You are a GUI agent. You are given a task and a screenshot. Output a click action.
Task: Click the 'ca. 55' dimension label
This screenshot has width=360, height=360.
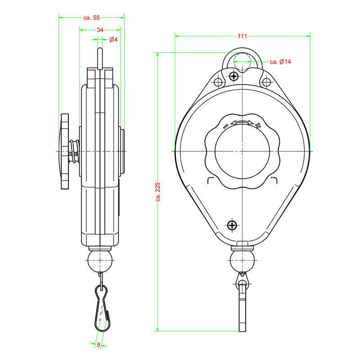[x=91, y=18]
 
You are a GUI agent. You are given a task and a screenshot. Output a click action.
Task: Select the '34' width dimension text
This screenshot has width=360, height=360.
[x=100, y=30]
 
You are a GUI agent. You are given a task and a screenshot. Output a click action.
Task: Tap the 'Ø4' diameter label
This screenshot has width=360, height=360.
[x=113, y=40]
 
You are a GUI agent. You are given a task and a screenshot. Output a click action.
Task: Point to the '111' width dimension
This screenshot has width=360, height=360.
[x=243, y=36]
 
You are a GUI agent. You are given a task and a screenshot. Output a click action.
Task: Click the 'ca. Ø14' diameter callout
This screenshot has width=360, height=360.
[x=280, y=62]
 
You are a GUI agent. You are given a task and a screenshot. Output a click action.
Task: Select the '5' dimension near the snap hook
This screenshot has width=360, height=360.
[x=99, y=345]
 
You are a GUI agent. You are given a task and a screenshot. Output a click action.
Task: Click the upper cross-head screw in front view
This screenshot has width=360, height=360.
[x=234, y=76]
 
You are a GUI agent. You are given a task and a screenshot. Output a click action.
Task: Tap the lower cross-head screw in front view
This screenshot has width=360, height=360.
[x=232, y=225]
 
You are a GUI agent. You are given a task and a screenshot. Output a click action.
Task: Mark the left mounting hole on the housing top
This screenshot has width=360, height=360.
[x=218, y=82]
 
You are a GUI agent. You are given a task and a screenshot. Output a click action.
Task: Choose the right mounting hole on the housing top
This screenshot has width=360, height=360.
[x=266, y=82]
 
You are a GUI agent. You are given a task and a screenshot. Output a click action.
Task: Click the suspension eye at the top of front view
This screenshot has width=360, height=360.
[x=243, y=60]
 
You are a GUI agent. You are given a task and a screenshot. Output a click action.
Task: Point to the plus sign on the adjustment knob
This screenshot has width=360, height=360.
[x=258, y=125]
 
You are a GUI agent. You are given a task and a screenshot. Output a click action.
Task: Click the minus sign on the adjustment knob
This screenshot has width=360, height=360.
[x=225, y=126]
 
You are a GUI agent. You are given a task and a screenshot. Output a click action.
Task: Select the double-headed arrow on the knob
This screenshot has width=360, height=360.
[x=242, y=122]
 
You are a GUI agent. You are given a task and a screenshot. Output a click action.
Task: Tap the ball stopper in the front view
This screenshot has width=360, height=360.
[x=242, y=261]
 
